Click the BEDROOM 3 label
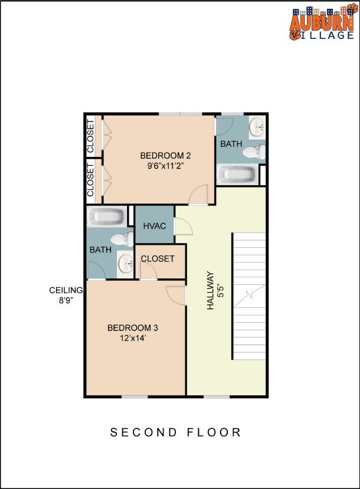[x=132, y=328]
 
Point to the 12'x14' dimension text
[x=132, y=338]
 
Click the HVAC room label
[x=154, y=226]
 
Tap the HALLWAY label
[x=210, y=290]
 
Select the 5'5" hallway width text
[x=220, y=290]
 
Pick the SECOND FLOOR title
[x=176, y=432]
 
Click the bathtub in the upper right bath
[x=237, y=175]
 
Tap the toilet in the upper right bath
[x=254, y=153]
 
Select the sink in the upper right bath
[x=257, y=126]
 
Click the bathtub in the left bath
[x=106, y=216]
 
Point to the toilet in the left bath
[x=123, y=239]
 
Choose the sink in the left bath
[x=125, y=264]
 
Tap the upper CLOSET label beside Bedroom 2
[x=91, y=137]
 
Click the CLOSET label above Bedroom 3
[x=158, y=259]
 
